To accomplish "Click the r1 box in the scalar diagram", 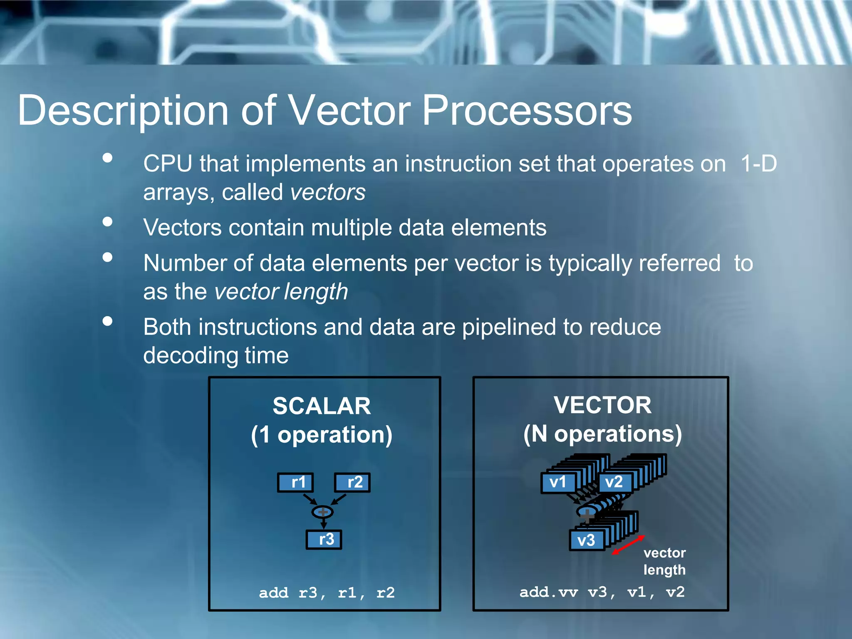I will (295, 483).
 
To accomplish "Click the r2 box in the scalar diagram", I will (352, 483).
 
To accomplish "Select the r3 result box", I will (324, 540).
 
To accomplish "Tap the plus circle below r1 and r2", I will (322, 512).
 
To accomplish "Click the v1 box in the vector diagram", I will (558, 483).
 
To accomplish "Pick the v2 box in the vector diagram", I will (614, 483).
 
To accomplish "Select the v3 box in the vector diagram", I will (587, 540).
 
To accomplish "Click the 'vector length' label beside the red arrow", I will (664, 561).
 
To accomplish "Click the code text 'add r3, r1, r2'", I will (327, 592).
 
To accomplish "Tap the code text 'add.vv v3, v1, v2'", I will (602, 592).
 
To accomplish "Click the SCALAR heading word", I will (322, 406).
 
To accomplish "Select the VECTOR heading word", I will (602, 405).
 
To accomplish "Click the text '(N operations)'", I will (602, 434).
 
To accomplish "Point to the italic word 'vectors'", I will (328, 193).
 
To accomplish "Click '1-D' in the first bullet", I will (758, 163).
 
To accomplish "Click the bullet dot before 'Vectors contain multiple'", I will (108, 222).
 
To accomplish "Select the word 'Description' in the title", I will (123, 111).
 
